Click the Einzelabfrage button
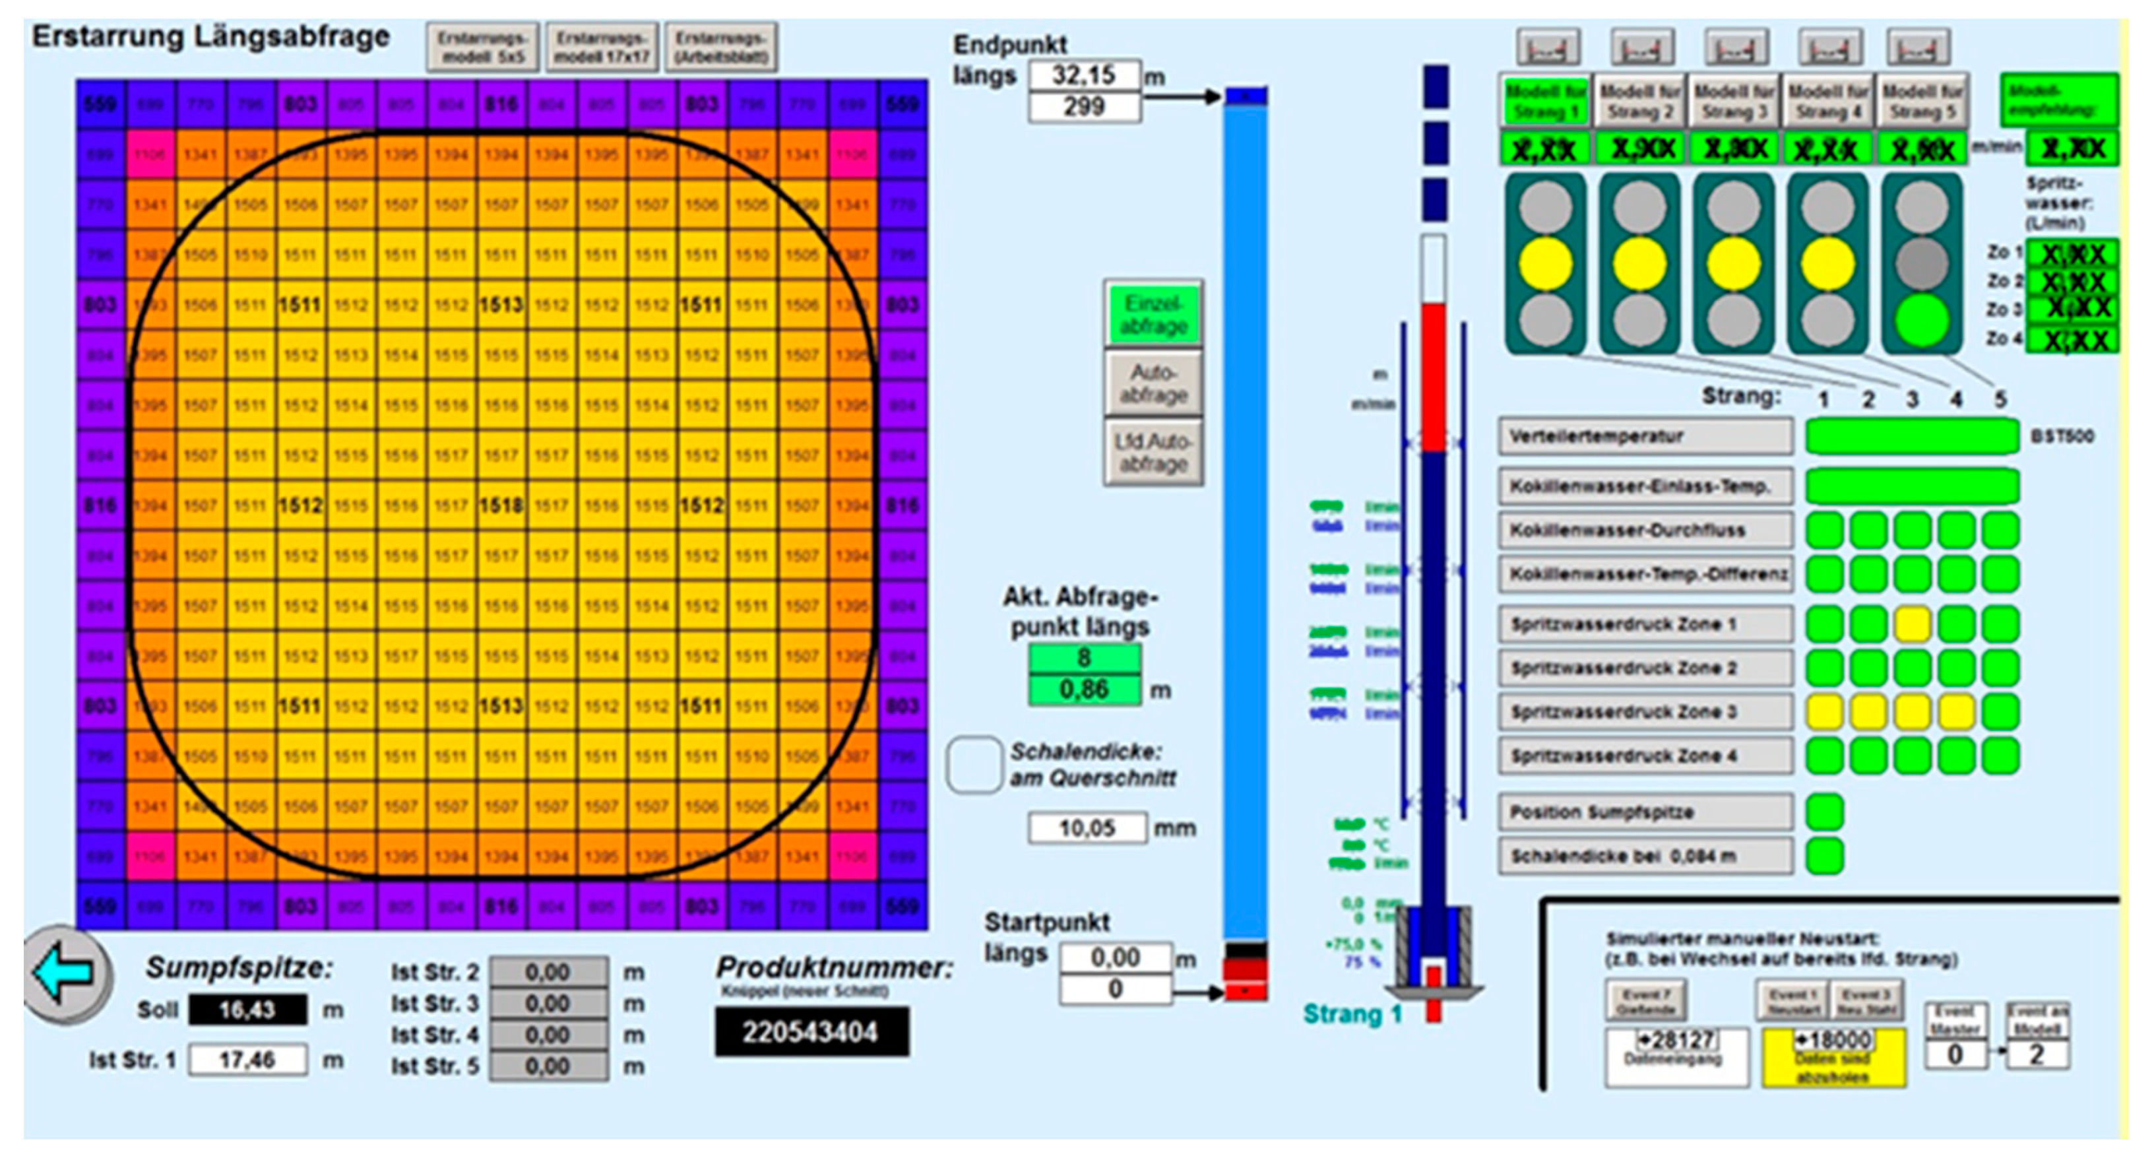(x=1153, y=314)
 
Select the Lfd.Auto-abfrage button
(x=1153, y=453)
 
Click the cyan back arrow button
(x=65, y=973)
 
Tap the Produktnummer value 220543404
(x=811, y=1032)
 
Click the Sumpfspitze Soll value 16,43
(x=247, y=1010)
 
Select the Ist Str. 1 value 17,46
(x=247, y=1060)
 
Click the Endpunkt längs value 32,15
(x=1084, y=75)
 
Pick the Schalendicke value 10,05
(x=1087, y=828)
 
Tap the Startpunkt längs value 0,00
(x=1115, y=957)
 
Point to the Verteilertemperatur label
(x=1644, y=436)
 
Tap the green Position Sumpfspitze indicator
(x=1825, y=812)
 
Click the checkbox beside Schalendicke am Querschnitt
(x=975, y=764)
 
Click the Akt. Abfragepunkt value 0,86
(x=1084, y=690)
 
